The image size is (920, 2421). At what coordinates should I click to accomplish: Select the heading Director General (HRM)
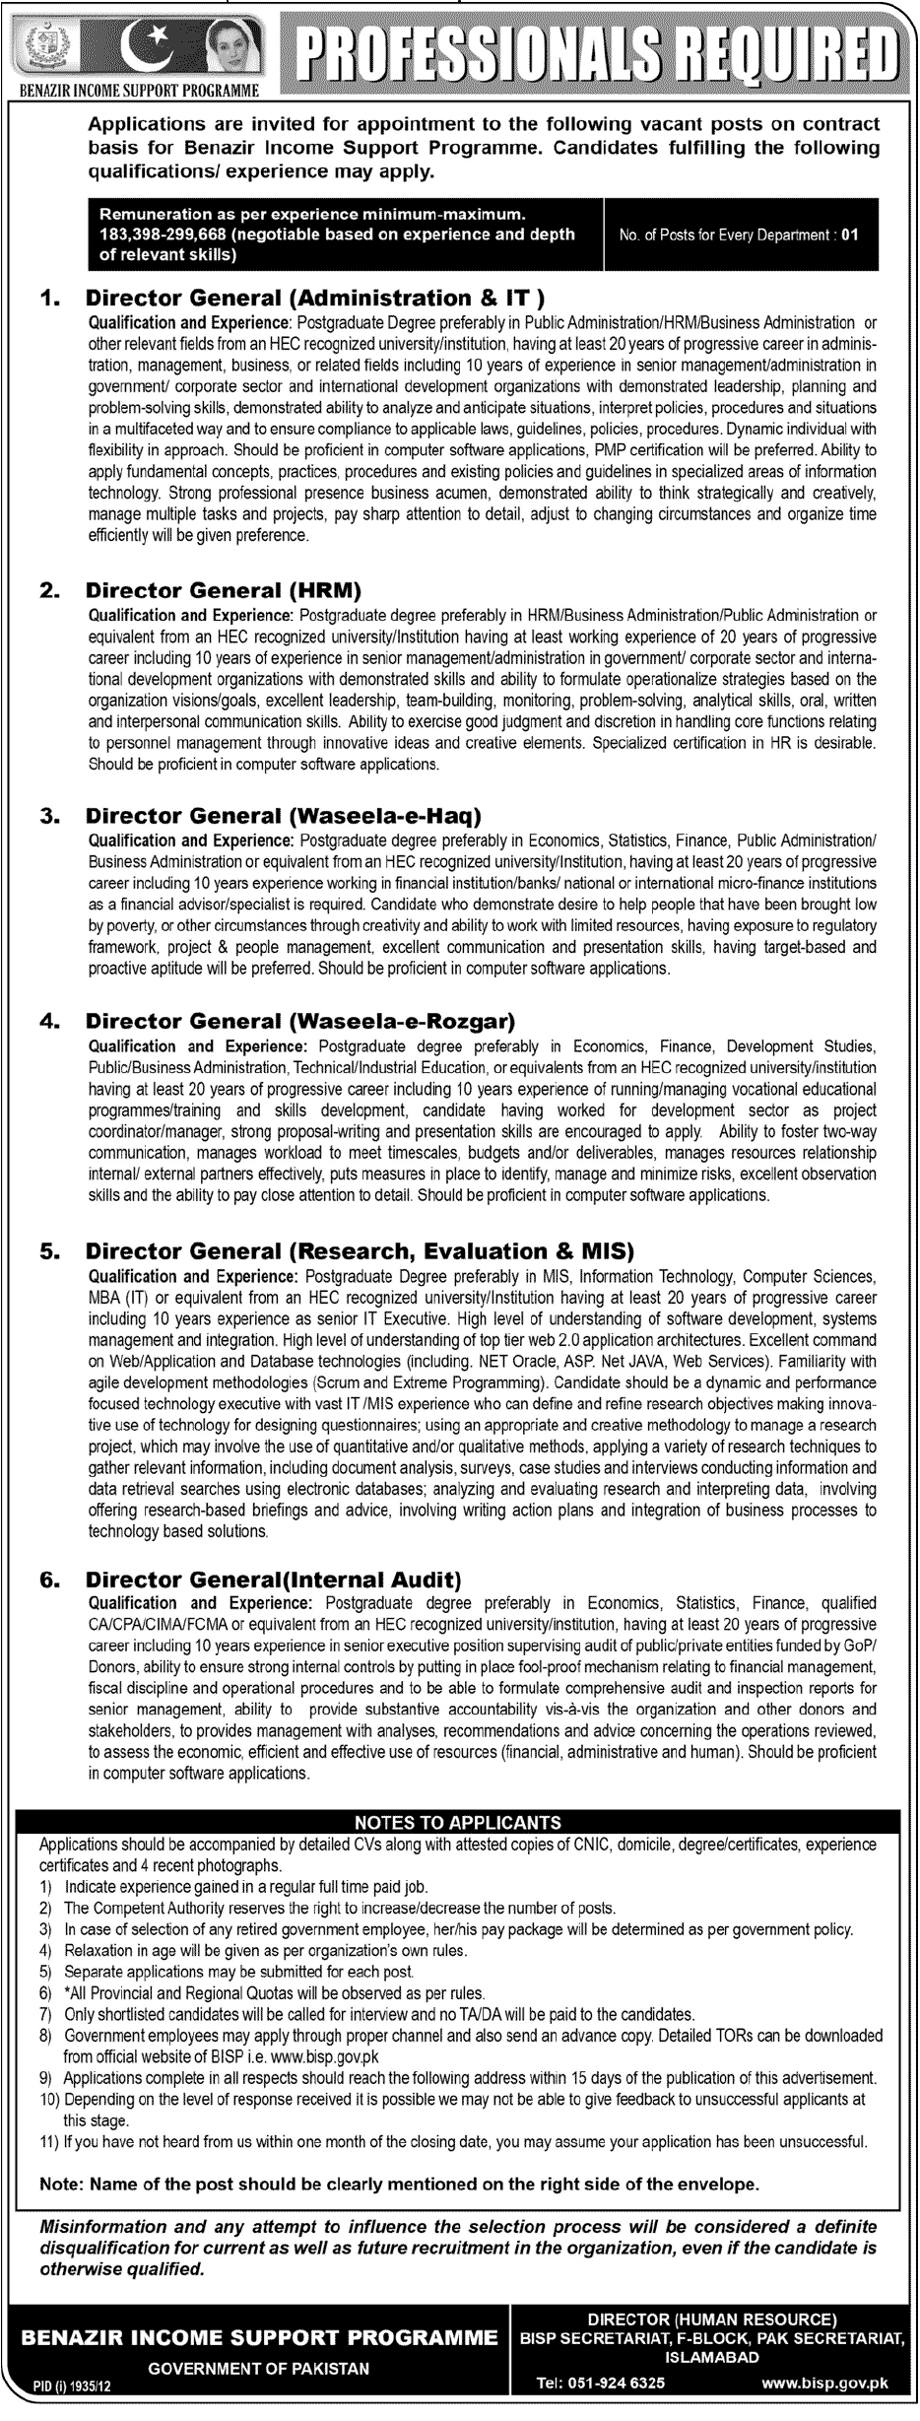pyautogui.click(x=225, y=591)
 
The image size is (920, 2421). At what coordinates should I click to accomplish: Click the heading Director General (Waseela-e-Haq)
pyautogui.click(x=284, y=816)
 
